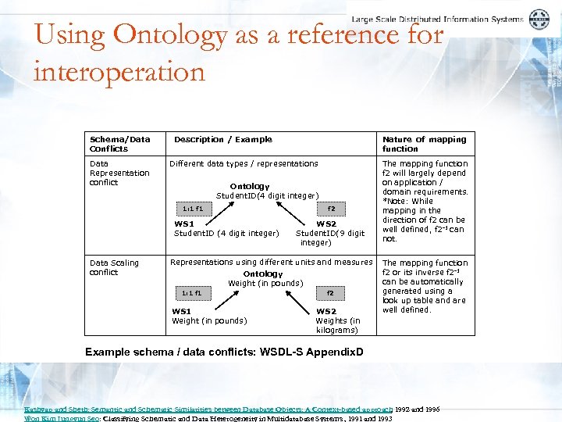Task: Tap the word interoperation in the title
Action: click(119, 72)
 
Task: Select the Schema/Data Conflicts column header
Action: click(119, 144)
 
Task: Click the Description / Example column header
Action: click(222, 139)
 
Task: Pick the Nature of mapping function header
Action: click(424, 144)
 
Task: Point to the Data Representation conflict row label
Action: click(119, 173)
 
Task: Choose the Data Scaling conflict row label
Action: click(114, 267)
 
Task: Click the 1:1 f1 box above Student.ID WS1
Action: click(191, 209)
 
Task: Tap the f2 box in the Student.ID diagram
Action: click(330, 209)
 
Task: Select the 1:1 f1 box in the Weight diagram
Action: click(191, 293)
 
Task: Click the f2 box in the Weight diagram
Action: click(330, 293)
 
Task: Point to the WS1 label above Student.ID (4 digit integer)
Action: click(184, 224)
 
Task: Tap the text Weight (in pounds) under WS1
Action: click(209, 320)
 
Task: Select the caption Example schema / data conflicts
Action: click(224, 352)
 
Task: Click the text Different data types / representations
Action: click(244, 163)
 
